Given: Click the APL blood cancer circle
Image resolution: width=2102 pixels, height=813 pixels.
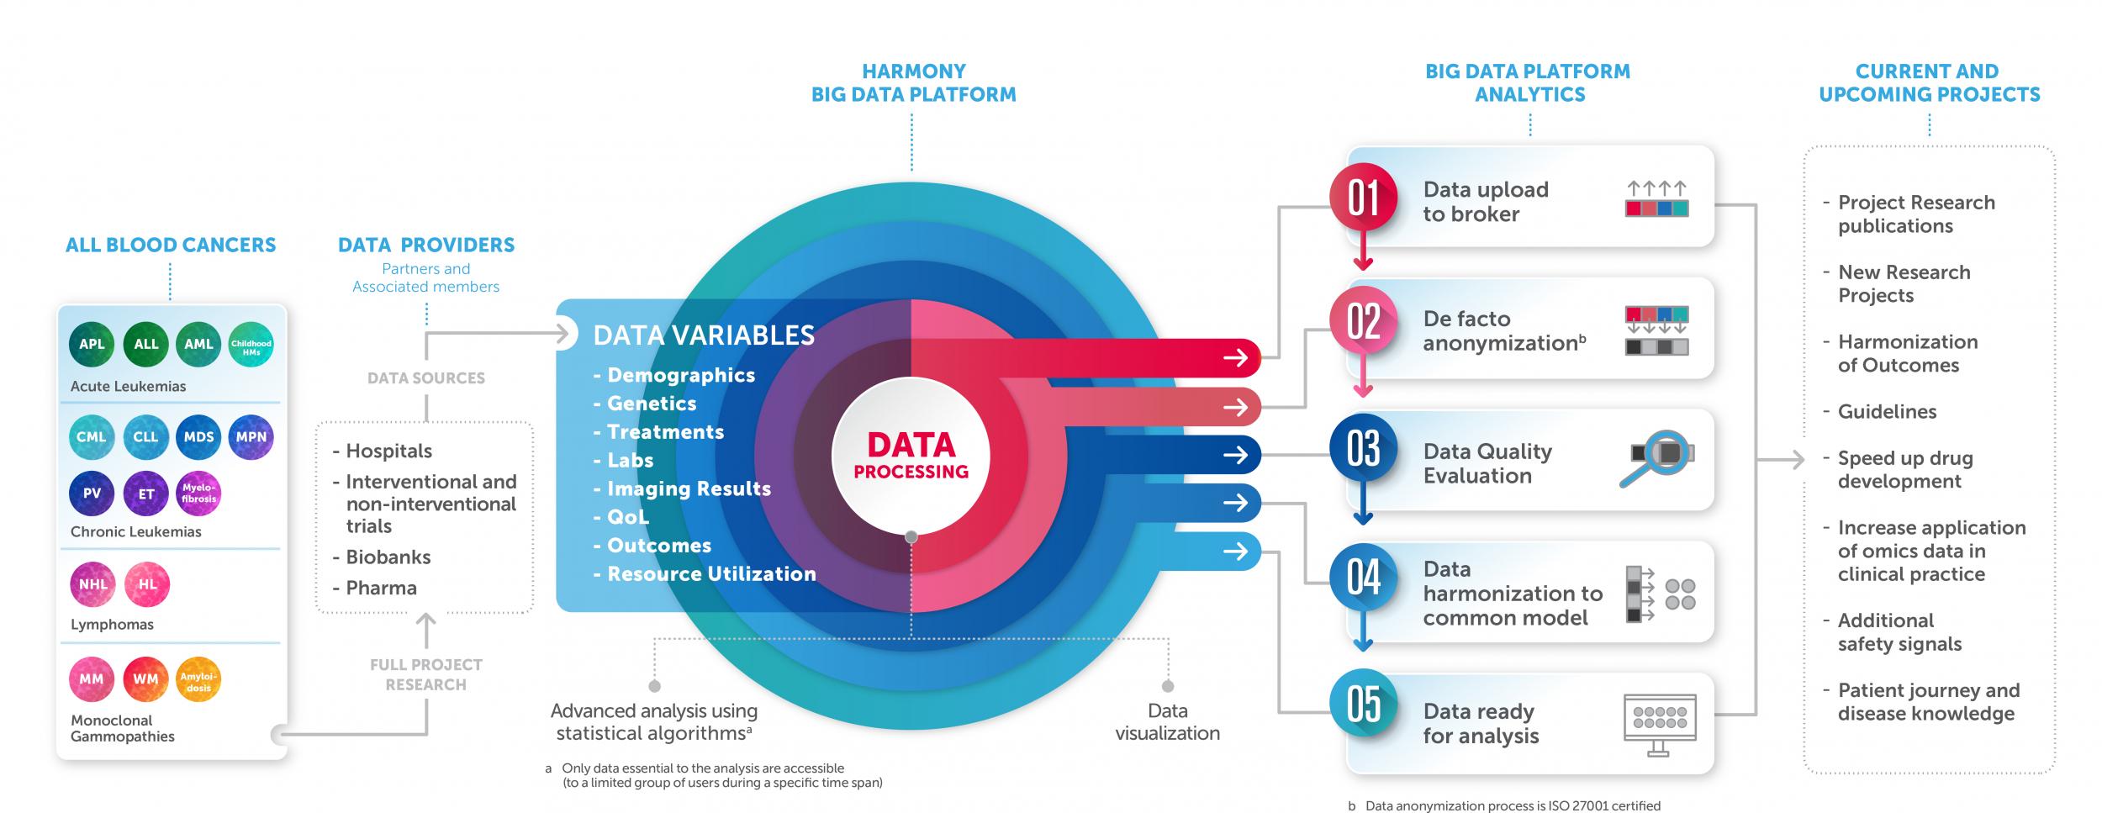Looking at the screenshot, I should coord(92,345).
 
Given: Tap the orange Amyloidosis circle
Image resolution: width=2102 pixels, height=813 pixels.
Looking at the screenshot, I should coord(199,680).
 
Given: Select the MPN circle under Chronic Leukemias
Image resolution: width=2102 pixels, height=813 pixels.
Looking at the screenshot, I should coord(251,437).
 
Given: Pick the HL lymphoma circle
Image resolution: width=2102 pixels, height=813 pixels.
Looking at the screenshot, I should coord(147,584).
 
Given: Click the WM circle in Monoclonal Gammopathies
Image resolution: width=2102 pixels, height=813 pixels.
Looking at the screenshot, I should coord(145,680).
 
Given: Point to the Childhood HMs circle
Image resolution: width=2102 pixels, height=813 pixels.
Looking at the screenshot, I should coord(251,345).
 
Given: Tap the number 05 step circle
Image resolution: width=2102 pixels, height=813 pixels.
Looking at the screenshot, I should coord(1363,704).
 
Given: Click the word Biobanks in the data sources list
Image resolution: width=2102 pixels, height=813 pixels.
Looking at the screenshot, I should coord(388,557).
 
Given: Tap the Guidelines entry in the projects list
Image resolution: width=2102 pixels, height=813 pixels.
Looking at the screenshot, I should coord(1887,412).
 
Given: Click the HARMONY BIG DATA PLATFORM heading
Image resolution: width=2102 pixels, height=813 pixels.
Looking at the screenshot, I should coord(913,83).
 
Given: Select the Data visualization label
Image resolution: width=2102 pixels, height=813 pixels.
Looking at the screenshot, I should coord(1167,722).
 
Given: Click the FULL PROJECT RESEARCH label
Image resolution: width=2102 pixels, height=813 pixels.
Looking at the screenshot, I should coord(425,674).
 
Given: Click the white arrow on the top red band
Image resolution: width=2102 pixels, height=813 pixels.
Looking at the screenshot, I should coord(1235,358).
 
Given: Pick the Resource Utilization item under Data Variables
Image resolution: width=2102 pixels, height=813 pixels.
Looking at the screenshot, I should coord(710,574).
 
